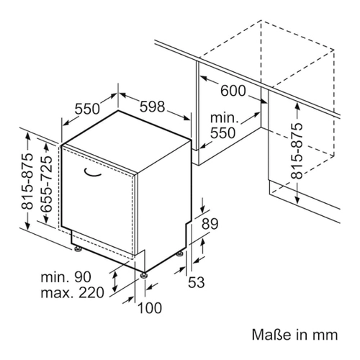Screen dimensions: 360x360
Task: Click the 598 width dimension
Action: pyautogui.click(x=153, y=107)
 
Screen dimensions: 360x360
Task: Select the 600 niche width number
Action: pyautogui.click(x=233, y=91)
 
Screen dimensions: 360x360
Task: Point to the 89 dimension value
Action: pyautogui.click(x=210, y=224)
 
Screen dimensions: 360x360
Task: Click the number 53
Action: pyautogui.click(x=196, y=282)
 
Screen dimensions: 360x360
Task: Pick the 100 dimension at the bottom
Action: pyautogui.click(x=150, y=308)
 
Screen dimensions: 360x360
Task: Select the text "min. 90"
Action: pyautogui.click(x=66, y=277)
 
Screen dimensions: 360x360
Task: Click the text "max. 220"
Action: pyautogui.click(x=73, y=292)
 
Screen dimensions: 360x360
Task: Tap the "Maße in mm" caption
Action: pyautogui.click(x=294, y=334)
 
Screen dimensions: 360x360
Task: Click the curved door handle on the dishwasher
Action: pyautogui.click(x=92, y=174)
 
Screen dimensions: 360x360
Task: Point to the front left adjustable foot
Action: pyautogui.click(x=78, y=249)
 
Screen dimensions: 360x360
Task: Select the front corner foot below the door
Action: pyautogui.click(x=143, y=275)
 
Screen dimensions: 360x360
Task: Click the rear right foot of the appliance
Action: pyautogui.click(x=180, y=254)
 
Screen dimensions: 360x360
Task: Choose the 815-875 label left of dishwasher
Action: pyautogui.click(x=27, y=181)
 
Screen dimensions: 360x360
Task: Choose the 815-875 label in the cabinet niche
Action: pyautogui.click(x=297, y=151)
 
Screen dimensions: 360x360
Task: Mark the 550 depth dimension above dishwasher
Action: pyautogui.click(x=87, y=109)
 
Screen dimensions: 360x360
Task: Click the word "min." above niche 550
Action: pyautogui.click(x=224, y=118)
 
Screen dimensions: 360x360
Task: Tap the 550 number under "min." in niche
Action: pyautogui.click(x=222, y=133)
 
